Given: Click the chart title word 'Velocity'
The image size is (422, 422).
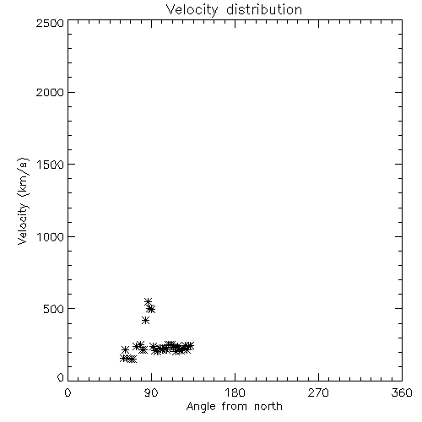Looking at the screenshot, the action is (x=192, y=10).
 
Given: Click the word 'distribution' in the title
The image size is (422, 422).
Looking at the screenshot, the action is (x=264, y=9).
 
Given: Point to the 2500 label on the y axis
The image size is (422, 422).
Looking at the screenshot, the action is (x=50, y=23).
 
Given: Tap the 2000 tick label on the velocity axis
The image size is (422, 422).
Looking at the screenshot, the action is (x=50, y=92).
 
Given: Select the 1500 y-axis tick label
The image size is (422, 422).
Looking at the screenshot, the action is (x=51, y=165).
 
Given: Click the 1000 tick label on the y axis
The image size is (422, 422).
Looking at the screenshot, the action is (x=51, y=236).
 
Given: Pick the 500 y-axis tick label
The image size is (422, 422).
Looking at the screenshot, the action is (x=54, y=309).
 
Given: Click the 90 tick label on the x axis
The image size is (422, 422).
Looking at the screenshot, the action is (x=151, y=392).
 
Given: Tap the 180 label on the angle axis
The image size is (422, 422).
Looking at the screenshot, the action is (x=235, y=392).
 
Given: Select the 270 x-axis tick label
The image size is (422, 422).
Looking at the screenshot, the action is (x=318, y=392).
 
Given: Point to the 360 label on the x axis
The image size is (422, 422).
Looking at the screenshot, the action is (x=402, y=392).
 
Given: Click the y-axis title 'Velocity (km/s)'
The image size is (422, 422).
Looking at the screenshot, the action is (x=23, y=201).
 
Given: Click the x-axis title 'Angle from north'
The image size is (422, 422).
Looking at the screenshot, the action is (x=235, y=407).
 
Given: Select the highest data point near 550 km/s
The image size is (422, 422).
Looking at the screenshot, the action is (x=148, y=302).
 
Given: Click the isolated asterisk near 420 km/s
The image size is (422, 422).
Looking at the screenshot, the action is (x=145, y=320).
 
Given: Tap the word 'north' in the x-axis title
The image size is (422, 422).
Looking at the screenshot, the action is (x=268, y=406).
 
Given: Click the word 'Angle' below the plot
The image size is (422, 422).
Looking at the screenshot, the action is (x=201, y=407).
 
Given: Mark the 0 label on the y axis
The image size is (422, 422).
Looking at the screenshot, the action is (x=61, y=377).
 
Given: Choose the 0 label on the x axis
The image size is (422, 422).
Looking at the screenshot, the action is (x=68, y=392).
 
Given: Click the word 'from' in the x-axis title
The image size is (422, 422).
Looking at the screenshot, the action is (x=235, y=406).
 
